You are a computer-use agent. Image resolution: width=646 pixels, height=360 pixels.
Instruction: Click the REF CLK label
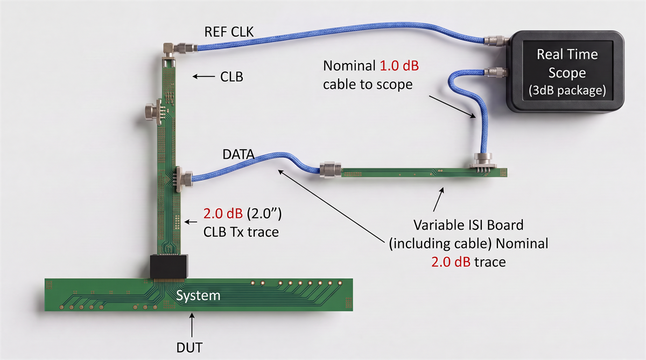point(229,32)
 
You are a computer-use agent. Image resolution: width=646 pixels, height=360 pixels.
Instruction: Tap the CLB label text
point(231,76)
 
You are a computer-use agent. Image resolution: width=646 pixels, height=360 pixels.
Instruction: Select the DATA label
point(238,154)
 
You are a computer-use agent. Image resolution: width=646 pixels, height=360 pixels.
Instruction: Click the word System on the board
point(198,295)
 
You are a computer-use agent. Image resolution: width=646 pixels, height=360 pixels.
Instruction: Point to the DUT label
point(189,348)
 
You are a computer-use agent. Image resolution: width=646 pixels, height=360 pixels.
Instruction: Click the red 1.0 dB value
point(399,66)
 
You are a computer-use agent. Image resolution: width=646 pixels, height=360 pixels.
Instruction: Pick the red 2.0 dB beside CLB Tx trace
point(223,214)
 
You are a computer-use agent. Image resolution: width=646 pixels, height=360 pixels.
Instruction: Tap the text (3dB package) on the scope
point(567,90)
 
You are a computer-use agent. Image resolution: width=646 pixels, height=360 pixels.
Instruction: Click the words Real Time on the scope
point(567,54)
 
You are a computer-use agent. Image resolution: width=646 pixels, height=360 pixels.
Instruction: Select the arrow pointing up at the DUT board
point(192,325)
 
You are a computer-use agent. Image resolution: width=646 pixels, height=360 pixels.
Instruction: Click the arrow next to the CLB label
point(203,76)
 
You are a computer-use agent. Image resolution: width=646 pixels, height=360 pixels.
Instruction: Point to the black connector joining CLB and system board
point(169,266)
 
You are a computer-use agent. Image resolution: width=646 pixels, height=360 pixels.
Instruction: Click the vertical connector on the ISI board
point(483,162)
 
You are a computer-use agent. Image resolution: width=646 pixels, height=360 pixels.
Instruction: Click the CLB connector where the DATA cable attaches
point(184,179)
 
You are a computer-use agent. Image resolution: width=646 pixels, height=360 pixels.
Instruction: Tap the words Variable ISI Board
point(468,225)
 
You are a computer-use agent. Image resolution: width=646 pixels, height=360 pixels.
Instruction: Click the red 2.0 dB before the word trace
point(451,262)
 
